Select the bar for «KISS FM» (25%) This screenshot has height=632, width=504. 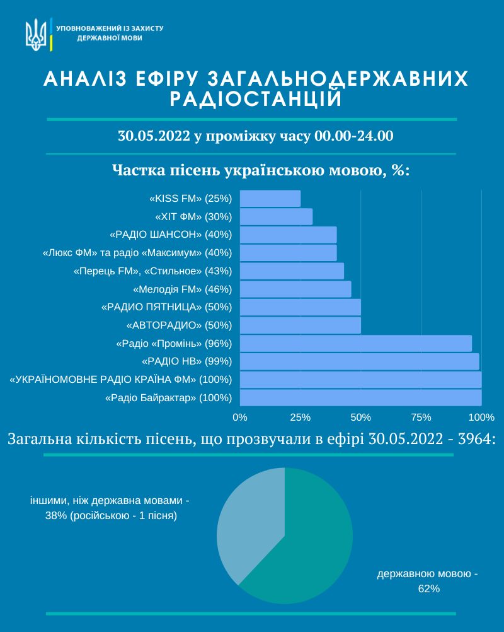(270, 199)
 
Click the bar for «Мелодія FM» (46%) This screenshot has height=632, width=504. (295, 290)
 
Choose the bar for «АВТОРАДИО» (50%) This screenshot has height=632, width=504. (301, 325)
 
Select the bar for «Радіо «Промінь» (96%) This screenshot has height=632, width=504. (356, 344)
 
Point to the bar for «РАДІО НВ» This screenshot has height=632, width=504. (360, 361)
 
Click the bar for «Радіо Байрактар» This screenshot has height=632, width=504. (361, 398)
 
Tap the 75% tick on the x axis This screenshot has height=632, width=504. (421, 418)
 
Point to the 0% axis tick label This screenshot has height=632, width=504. (240, 418)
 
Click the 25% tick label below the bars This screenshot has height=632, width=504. (301, 418)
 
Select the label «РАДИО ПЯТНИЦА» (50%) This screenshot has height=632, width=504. (166, 308)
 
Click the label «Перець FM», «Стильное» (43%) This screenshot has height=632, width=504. (153, 271)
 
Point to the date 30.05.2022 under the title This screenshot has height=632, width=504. (154, 136)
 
